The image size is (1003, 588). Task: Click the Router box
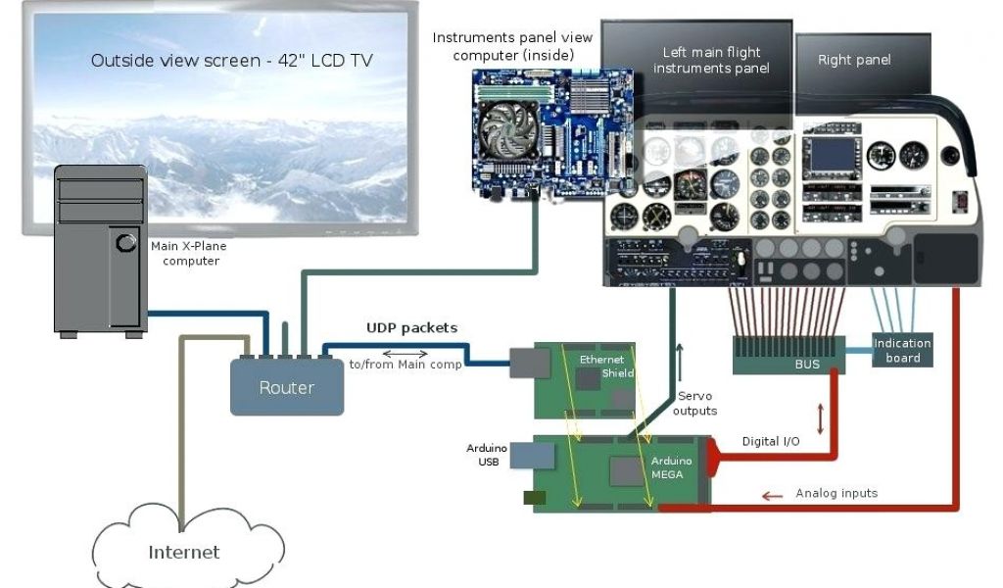tap(286, 387)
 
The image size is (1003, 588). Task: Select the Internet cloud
tap(183, 552)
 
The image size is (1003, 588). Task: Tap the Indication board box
tap(902, 350)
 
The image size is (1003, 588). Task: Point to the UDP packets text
tap(411, 327)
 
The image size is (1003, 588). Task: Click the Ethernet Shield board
tap(585, 379)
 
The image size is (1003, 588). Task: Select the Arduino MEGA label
tap(672, 467)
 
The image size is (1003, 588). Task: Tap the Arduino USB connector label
tap(486, 455)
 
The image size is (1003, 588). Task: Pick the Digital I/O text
tap(770, 442)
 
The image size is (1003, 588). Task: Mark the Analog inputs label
tap(836, 493)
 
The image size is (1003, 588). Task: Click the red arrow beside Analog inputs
tap(773, 496)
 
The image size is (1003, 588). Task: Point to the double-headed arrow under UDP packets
tap(405, 353)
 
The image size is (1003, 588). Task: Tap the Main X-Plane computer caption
tap(188, 254)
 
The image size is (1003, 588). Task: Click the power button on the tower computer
tap(126, 241)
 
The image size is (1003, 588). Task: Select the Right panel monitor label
tap(854, 60)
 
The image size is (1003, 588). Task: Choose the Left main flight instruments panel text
tap(711, 60)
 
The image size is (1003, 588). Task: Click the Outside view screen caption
tap(232, 61)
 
